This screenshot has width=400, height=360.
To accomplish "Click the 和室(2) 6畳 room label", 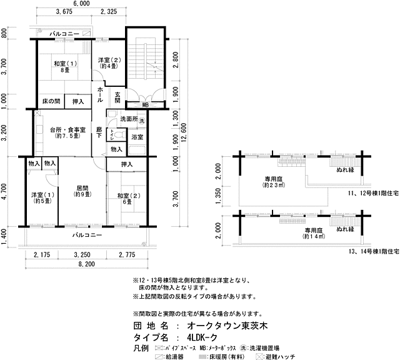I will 125,199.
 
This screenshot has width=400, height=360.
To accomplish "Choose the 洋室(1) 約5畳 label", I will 41,198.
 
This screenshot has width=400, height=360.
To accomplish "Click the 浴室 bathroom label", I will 137,137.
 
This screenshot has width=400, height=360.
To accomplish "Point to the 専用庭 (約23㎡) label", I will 273,182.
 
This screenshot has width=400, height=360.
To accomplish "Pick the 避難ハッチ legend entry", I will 280,356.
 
